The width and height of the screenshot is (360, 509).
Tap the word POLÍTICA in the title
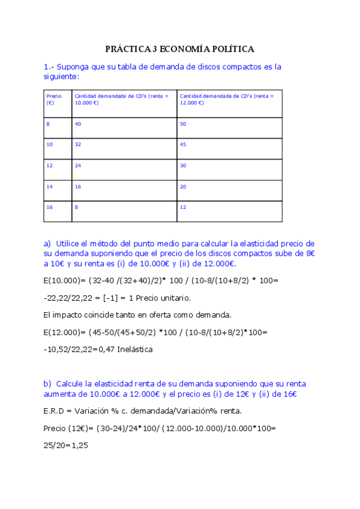coord(232,49)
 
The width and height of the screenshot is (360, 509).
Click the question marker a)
coord(47,244)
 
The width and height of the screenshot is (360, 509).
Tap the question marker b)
coord(47,384)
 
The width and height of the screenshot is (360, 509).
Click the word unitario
coord(172,298)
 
